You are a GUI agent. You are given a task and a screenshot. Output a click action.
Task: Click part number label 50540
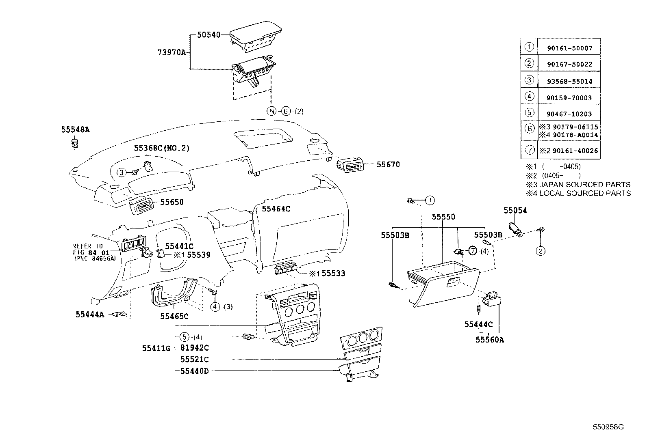(x=208, y=35)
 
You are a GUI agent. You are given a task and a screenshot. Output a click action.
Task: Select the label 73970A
(x=171, y=52)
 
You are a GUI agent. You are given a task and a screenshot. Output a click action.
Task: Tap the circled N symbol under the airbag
(x=271, y=111)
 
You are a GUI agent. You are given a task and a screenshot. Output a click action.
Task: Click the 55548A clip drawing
(x=75, y=143)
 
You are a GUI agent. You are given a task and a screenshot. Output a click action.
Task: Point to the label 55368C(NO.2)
(x=162, y=149)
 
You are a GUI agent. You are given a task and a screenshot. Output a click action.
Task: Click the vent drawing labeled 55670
(x=350, y=165)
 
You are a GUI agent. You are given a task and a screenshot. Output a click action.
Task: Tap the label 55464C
(x=276, y=209)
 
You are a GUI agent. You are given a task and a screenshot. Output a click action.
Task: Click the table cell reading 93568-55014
(x=569, y=81)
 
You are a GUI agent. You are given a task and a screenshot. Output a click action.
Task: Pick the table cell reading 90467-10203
(x=569, y=114)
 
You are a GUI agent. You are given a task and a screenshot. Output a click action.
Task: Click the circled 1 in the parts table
(x=529, y=47)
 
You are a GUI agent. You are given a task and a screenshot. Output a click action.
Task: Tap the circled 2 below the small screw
(x=541, y=251)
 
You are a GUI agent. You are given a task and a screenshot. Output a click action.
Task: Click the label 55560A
(x=490, y=340)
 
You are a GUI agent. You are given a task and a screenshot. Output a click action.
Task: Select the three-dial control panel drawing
(x=361, y=337)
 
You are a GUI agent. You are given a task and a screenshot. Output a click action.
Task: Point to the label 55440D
(x=194, y=371)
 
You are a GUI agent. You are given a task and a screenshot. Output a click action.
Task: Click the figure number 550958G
(x=608, y=427)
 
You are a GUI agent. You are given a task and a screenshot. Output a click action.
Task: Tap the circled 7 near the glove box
(x=472, y=251)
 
